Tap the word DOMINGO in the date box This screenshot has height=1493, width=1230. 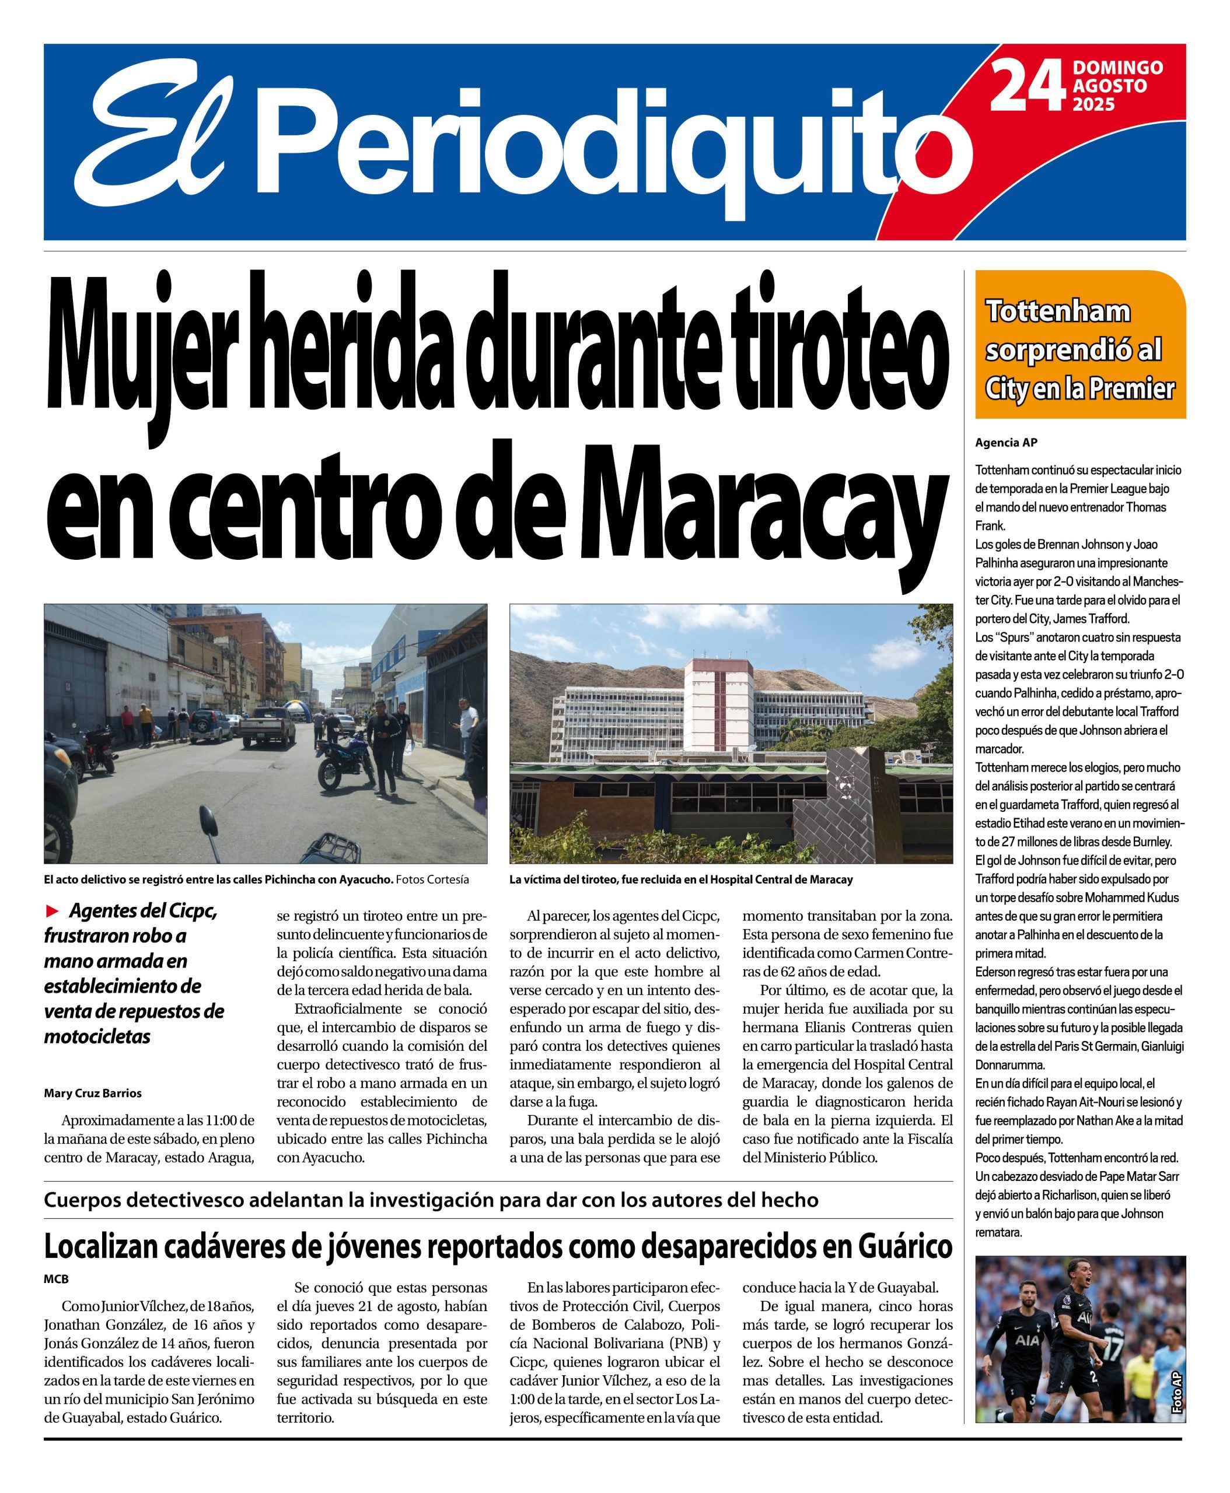tap(1117, 68)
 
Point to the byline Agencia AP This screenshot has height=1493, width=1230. tap(1005, 443)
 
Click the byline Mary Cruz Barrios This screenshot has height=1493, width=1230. tap(93, 1093)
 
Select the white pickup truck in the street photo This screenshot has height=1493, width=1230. tap(268, 726)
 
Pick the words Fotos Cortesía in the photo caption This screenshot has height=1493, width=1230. tap(432, 879)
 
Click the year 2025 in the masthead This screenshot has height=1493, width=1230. tap(1094, 105)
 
